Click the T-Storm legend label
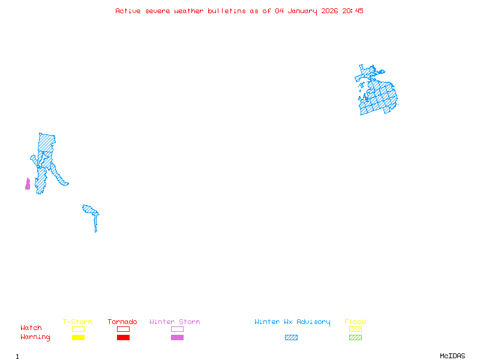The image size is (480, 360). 77,322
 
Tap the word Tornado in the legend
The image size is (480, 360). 122,322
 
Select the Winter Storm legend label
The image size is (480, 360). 175,322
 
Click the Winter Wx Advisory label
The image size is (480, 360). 292,322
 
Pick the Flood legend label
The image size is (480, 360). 355,322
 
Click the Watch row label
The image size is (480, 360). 31,328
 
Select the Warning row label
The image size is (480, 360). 35,337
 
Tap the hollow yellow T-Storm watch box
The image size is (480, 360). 78,329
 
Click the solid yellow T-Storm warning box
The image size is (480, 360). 78,338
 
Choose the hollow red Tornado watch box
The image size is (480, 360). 123,329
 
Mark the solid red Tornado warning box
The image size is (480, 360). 123,338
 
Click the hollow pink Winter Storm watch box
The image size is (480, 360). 177,329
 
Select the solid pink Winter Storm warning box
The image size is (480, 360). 177,338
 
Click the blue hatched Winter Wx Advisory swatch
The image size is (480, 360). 291,338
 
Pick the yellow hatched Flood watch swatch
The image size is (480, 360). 355,329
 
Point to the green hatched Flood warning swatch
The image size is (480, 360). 355,338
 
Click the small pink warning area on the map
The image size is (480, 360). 28,184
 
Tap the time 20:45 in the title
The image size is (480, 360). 352,11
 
